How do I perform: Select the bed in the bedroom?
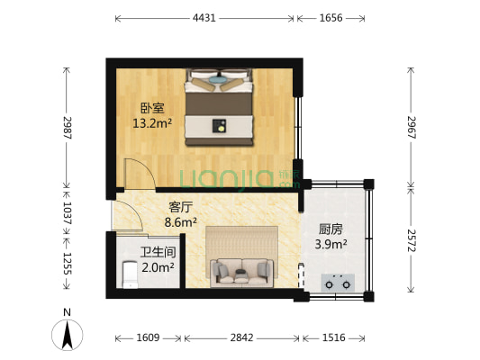click(x=220, y=108)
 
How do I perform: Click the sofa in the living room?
click(x=240, y=269)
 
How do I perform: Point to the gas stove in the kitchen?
click(x=339, y=282)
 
